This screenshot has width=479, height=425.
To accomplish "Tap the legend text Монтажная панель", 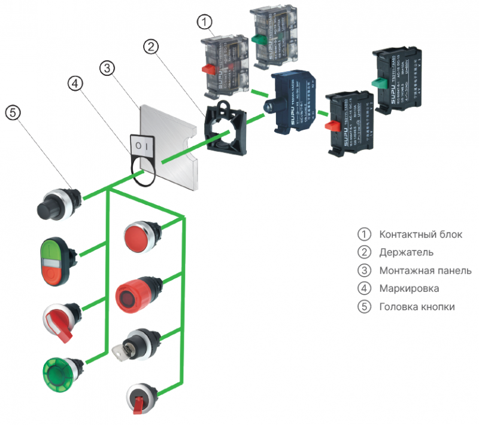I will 425,270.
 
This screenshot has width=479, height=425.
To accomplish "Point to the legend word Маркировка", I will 408,288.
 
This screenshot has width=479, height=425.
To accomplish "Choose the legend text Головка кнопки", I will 417,307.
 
